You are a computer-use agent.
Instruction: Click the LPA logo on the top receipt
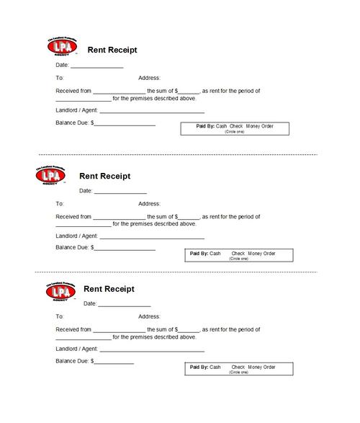tap(62, 47)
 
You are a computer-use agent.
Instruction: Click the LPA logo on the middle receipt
tap(49, 174)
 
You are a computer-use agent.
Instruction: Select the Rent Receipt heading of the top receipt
tap(112, 50)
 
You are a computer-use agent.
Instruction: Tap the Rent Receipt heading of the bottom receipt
tap(109, 289)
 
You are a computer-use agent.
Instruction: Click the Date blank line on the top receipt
tap(96, 67)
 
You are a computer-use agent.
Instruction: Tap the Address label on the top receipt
tap(149, 78)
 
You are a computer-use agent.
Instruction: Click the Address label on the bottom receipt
tap(149, 316)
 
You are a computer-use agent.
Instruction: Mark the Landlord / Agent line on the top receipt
tap(152, 112)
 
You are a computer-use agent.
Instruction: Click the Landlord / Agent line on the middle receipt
tap(152, 237)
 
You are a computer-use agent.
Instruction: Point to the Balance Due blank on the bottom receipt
tap(114, 362)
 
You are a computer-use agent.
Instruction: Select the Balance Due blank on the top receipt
tap(125, 125)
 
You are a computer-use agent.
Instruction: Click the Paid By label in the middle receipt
tap(199, 254)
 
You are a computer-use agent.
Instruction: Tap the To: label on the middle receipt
tap(60, 204)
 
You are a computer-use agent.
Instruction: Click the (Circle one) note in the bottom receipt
tap(238, 373)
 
